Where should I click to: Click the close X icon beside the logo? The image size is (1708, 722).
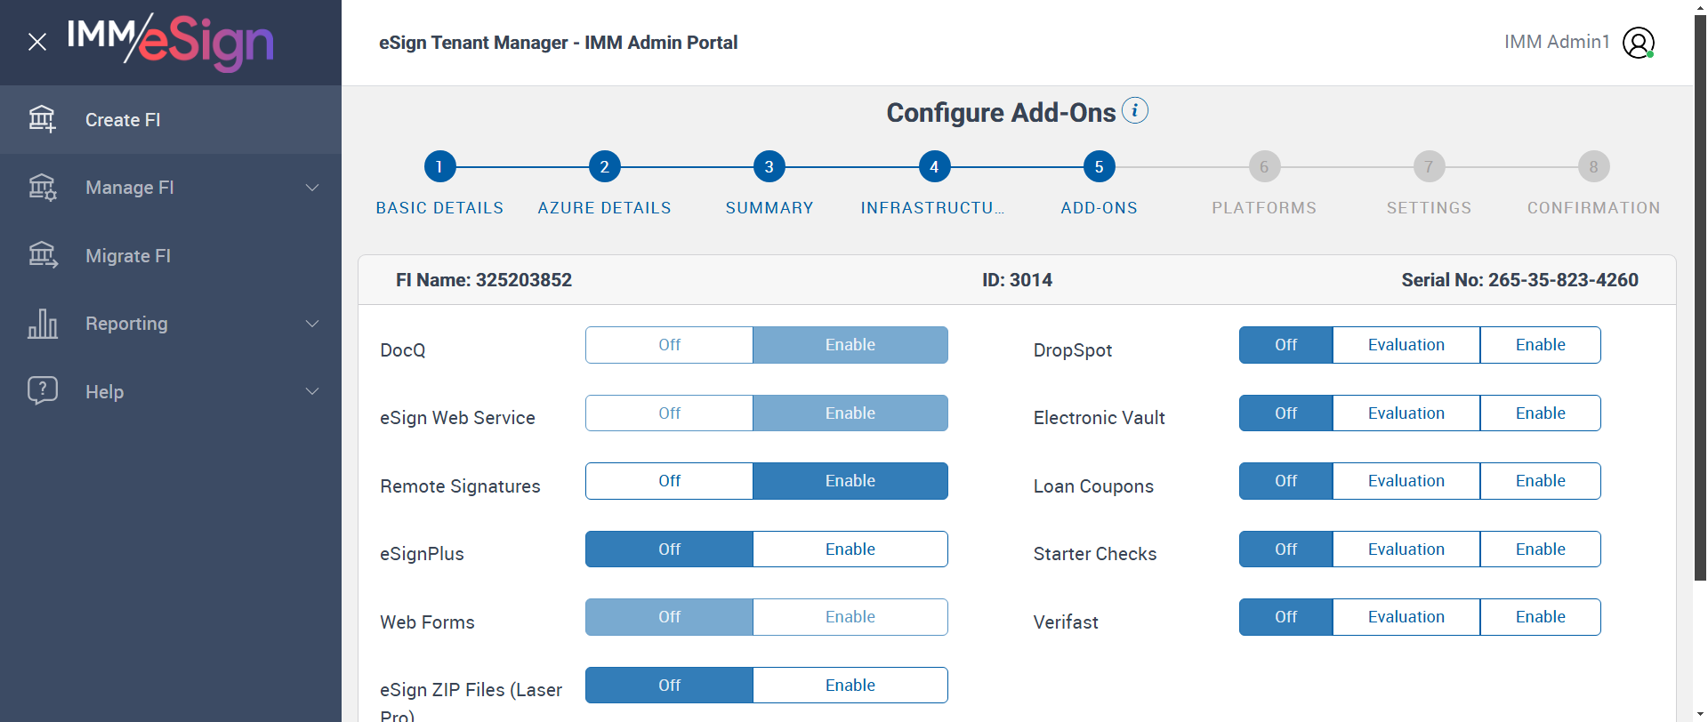click(37, 42)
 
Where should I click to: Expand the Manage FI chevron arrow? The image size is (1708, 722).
click(312, 188)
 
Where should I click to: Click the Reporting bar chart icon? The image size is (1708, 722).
click(43, 324)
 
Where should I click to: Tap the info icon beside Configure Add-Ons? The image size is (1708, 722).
click(1135, 110)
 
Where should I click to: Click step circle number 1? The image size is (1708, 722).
click(439, 166)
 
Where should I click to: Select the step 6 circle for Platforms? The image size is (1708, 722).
click(1264, 166)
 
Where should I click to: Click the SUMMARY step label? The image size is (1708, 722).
click(769, 208)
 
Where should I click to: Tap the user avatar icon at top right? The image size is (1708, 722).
click(1639, 42)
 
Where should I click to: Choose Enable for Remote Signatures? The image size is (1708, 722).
click(850, 481)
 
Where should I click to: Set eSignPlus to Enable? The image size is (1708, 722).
click(850, 550)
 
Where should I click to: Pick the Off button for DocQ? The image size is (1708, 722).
click(669, 345)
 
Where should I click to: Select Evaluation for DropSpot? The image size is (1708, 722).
click(1406, 345)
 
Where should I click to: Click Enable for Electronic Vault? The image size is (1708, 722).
click(1541, 413)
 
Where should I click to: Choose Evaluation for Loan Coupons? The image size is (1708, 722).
click(1406, 481)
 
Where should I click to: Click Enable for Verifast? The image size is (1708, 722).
click(1541, 617)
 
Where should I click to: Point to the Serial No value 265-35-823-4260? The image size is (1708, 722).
click(1563, 280)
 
